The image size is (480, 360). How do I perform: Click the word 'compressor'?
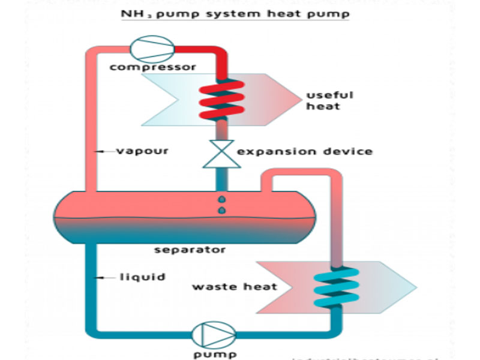click(153, 67)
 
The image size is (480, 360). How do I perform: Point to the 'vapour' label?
click(142, 151)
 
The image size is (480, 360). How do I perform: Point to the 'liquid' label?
click(142, 277)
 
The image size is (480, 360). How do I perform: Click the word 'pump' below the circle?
click(210, 354)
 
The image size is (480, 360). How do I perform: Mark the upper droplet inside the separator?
click(221, 199)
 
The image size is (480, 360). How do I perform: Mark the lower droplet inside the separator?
click(221, 209)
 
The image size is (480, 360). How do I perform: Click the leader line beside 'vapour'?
click(106, 151)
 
